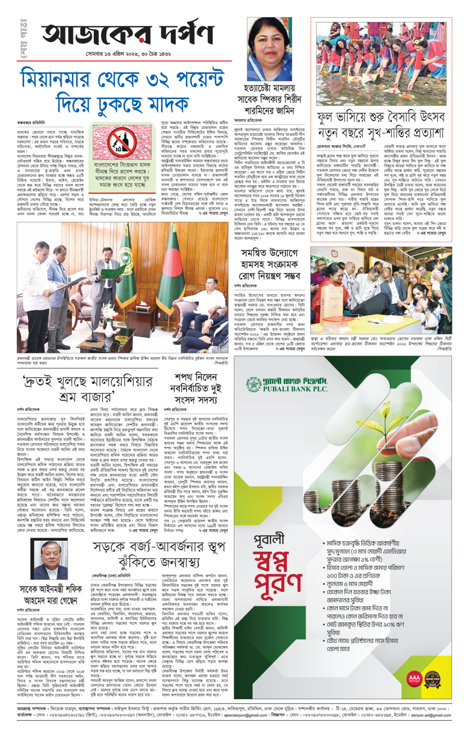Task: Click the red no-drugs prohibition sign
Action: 118,143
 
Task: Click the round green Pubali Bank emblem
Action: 254,384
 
